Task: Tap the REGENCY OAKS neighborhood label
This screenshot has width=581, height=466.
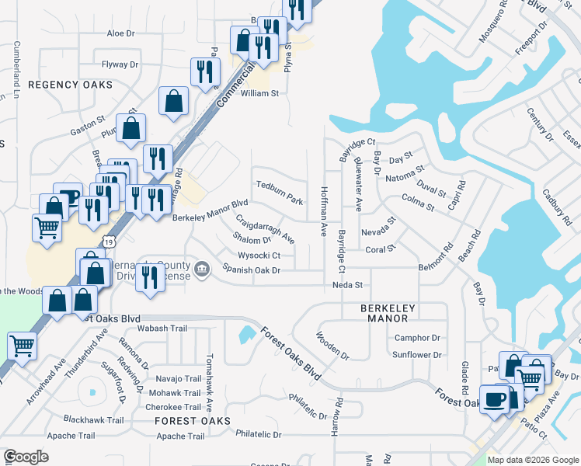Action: pyautogui.click(x=71, y=84)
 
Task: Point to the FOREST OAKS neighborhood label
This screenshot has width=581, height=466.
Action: pyautogui.click(x=193, y=420)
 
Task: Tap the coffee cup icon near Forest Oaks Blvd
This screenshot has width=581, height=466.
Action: pyautogui.click(x=494, y=400)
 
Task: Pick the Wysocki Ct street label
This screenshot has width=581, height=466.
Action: pyautogui.click(x=259, y=255)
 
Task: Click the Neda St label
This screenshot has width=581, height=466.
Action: pyautogui.click(x=347, y=285)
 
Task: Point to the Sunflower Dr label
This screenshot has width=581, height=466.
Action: pyautogui.click(x=416, y=355)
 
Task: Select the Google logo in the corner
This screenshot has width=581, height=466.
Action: pyautogui.click(x=26, y=457)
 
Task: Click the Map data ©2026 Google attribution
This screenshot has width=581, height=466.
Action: pyautogui.click(x=533, y=460)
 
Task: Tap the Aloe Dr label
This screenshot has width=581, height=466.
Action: pyautogui.click(x=120, y=33)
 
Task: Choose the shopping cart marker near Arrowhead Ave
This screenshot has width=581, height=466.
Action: pyautogui.click(x=22, y=346)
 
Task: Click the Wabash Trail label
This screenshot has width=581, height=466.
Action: pyautogui.click(x=164, y=329)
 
